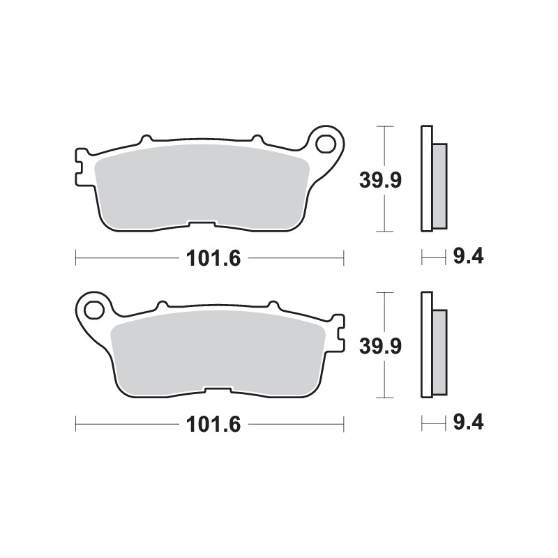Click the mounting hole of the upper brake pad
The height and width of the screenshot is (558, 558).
(324, 144)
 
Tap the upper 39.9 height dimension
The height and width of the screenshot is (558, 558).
(379, 180)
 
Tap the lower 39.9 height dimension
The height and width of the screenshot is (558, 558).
(379, 346)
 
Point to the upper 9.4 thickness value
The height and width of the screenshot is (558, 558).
(468, 257)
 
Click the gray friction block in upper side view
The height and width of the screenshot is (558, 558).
(440, 186)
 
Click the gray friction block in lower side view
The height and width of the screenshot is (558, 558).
(440, 351)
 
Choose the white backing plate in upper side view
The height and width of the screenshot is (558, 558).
(427, 178)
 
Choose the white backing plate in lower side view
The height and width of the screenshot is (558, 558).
(427, 344)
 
